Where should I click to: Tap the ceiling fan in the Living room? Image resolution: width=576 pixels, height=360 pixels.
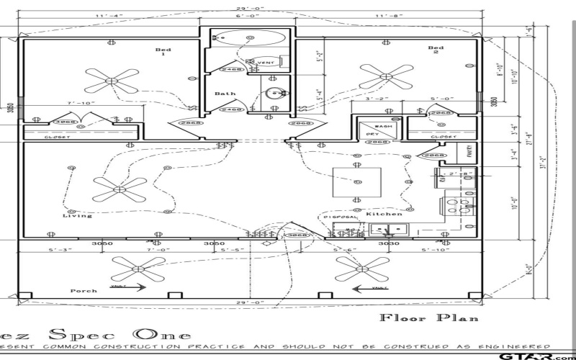click(120, 189)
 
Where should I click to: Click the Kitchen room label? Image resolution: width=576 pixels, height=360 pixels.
click(384, 214)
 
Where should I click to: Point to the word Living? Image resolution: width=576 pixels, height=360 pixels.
click(77, 215)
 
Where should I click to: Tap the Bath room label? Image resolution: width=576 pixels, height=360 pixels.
click(225, 94)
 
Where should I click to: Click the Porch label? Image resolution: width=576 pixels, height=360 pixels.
click(84, 291)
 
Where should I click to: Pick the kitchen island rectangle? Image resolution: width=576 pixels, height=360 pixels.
click(356, 182)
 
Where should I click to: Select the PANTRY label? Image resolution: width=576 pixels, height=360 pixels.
click(467, 153)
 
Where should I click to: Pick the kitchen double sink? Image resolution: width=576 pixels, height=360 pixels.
click(389, 230)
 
